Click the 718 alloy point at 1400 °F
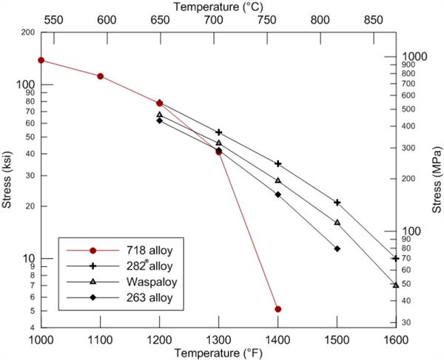[278, 309]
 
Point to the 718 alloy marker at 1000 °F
[41, 61]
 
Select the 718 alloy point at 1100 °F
[100, 76]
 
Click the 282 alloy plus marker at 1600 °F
[396, 259]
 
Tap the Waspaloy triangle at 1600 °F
[396, 285]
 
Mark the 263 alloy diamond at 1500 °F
[337, 248]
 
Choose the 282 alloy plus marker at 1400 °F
[278, 164]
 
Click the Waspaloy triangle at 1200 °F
[159, 115]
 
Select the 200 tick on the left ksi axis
[29, 33]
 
